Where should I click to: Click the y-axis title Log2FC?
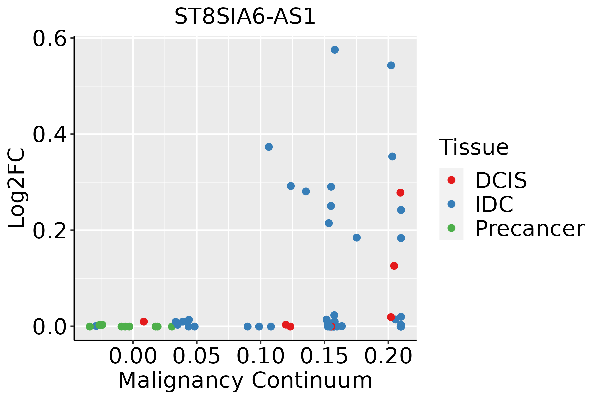(x=17, y=188)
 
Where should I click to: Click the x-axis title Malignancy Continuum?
(x=245, y=381)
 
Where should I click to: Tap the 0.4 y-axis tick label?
(x=49, y=134)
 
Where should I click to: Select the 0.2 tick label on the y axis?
(x=49, y=230)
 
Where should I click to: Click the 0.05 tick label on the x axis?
(x=197, y=356)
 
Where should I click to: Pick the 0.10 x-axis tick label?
(x=261, y=356)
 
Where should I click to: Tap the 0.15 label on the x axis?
(x=324, y=356)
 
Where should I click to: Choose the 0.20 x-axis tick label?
(x=388, y=356)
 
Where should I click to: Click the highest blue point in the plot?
(x=335, y=50)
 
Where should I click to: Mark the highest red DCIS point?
(x=400, y=193)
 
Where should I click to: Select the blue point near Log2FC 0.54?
(x=391, y=65)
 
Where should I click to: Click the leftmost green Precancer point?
(x=90, y=326)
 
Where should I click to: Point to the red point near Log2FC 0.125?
(x=394, y=266)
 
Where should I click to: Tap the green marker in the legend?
(x=451, y=228)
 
